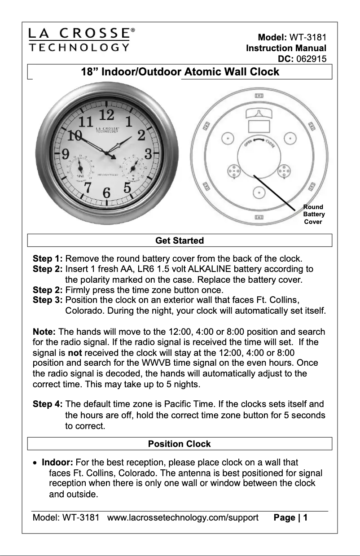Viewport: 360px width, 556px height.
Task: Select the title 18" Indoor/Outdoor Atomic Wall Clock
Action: click(x=180, y=72)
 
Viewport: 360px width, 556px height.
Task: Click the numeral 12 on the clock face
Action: click(x=106, y=115)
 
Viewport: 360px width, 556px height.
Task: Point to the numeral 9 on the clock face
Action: click(x=65, y=154)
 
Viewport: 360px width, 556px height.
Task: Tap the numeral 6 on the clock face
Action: click(x=107, y=193)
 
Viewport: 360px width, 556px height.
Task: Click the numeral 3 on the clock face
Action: click(x=148, y=153)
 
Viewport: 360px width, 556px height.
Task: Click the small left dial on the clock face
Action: click(x=80, y=168)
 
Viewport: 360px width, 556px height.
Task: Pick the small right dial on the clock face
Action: click(x=133, y=168)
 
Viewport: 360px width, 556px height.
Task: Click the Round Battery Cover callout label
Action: click(x=314, y=215)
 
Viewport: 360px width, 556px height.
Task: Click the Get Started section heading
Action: click(x=180, y=241)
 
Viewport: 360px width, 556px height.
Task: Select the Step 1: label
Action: click(x=48, y=259)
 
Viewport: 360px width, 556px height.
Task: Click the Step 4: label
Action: click(x=48, y=405)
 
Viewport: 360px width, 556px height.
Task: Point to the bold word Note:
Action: click(x=44, y=332)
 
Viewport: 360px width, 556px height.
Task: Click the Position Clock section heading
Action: click(x=180, y=444)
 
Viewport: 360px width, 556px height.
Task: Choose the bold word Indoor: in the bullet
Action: click(x=57, y=463)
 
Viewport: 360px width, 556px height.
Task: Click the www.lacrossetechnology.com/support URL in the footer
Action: click(x=183, y=517)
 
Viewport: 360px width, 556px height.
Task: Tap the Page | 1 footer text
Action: click(x=290, y=517)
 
